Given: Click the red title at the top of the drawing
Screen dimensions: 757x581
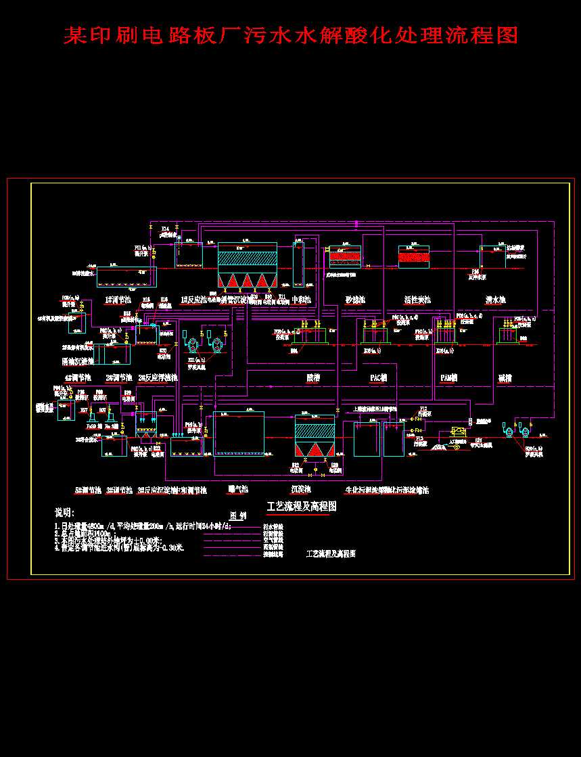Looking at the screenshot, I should point(291,35).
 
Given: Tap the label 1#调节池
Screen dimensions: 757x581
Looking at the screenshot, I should point(117,300).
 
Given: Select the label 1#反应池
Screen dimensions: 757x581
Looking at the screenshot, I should point(193,300).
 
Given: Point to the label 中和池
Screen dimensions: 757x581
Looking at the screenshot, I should point(300,300).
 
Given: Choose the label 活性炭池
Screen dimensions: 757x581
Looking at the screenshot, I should point(417,300).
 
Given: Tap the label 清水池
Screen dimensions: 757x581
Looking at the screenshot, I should point(495,300).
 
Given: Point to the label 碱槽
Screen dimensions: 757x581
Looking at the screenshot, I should point(505,377).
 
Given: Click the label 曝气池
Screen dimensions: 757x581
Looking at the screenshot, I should point(239,489).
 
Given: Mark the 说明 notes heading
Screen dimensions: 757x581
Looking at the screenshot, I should point(66,512).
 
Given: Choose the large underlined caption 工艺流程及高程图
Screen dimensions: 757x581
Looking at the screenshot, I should point(302,506).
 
